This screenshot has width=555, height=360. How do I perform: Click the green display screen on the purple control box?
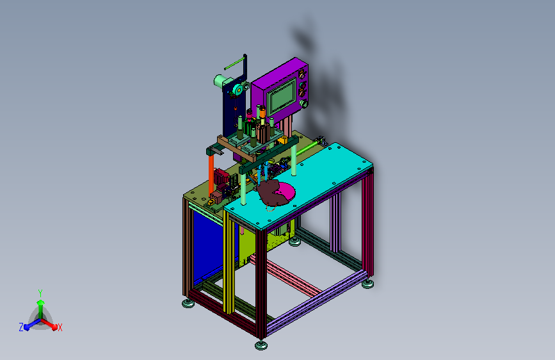tap(282, 95)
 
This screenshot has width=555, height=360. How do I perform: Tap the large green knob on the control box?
tap(303, 104)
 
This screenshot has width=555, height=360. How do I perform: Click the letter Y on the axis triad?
tap(40, 293)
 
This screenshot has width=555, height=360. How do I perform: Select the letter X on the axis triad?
tap(60, 328)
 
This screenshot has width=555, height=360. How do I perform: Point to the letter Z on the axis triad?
tap(21, 327)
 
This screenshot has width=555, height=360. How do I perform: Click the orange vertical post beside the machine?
tap(211, 174)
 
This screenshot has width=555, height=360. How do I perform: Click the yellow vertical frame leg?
tap(229, 262)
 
